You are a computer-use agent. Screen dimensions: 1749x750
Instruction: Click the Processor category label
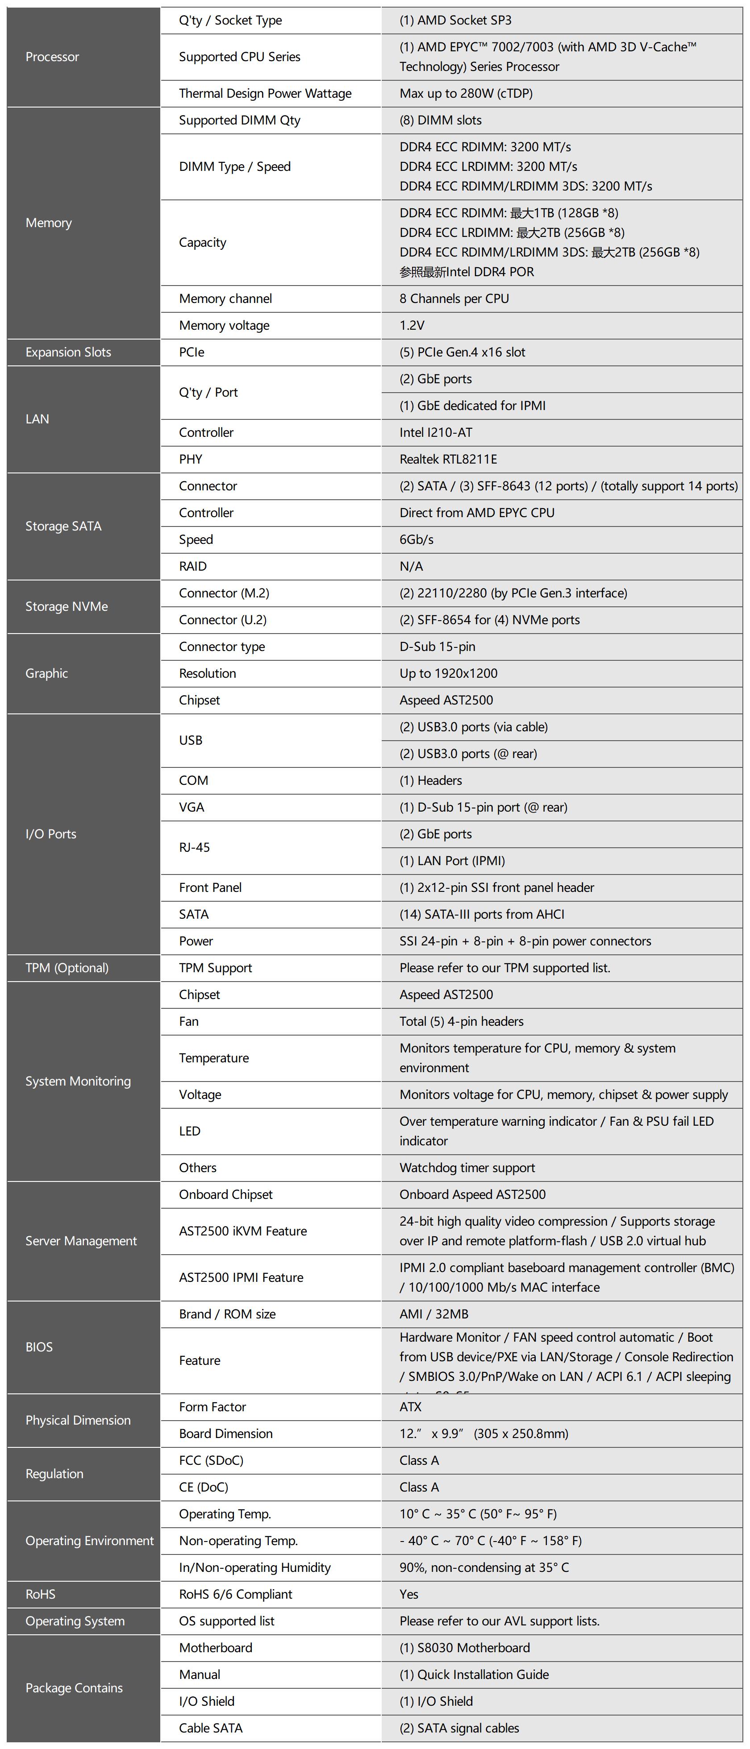point(52,57)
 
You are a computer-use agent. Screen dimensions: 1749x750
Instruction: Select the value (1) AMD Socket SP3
point(455,21)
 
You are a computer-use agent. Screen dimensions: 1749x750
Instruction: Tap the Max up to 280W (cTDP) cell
point(466,94)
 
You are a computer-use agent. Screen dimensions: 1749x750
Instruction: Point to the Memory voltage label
point(224,326)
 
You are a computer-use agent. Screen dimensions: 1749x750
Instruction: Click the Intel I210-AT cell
point(435,432)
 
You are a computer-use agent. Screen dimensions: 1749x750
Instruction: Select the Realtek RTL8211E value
point(448,460)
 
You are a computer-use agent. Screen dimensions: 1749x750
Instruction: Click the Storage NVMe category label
point(67,607)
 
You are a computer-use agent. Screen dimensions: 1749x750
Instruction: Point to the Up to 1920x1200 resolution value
point(448,674)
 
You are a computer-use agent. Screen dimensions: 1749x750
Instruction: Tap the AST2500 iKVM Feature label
point(242,1231)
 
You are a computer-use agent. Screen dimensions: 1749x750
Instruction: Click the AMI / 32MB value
point(433,1314)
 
